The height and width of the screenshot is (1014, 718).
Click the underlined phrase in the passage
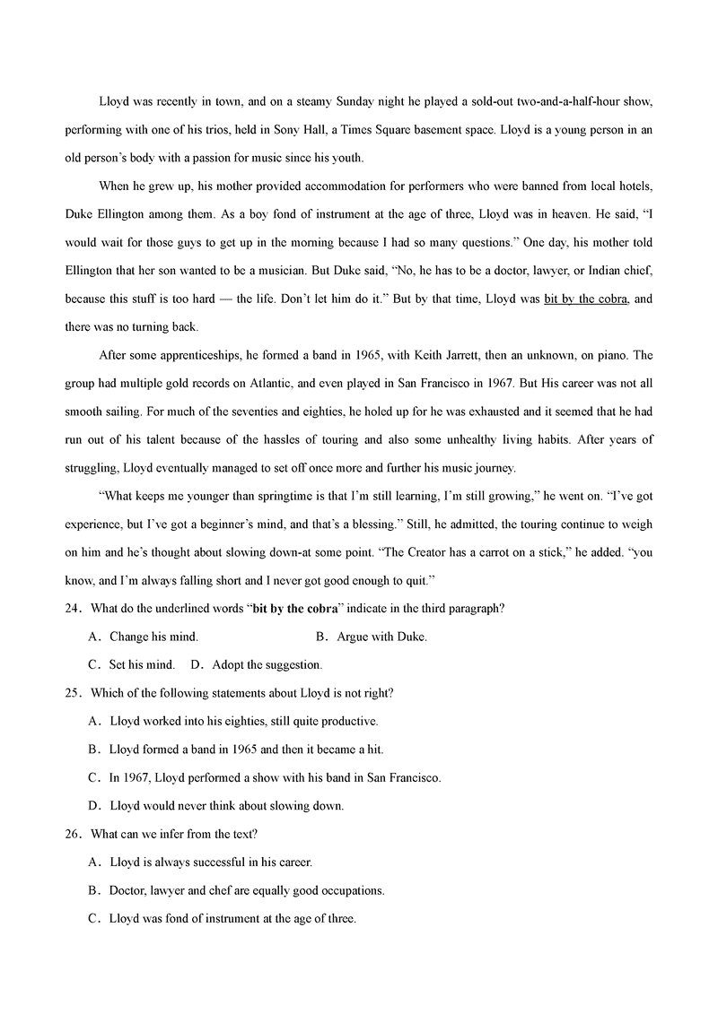[585, 299]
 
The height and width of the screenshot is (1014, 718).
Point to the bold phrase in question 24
[295, 609]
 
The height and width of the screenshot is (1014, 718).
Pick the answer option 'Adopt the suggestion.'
[267, 665]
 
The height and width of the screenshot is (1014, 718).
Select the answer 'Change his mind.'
[153, 637]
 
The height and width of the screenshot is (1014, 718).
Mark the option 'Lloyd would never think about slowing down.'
[226, 805]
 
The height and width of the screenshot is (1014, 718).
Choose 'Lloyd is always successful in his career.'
[211, 862]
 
